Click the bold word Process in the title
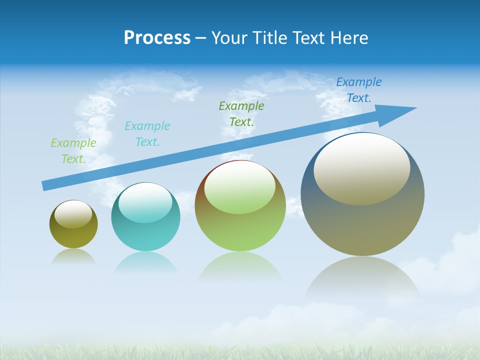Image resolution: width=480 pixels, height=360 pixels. (x=157, y=38)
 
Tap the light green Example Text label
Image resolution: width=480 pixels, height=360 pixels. (x=73, y=151)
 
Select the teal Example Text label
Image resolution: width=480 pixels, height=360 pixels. (x=147, y=134)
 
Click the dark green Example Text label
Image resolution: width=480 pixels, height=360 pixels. (x=241, y=113)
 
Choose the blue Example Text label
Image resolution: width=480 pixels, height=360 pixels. (x=359, y=90)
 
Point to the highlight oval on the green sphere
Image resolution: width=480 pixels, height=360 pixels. (x=239, y=187)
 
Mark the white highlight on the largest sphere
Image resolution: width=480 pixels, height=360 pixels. (x=361, y=169)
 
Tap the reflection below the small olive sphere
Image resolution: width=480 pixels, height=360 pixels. (x=73, y=256)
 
